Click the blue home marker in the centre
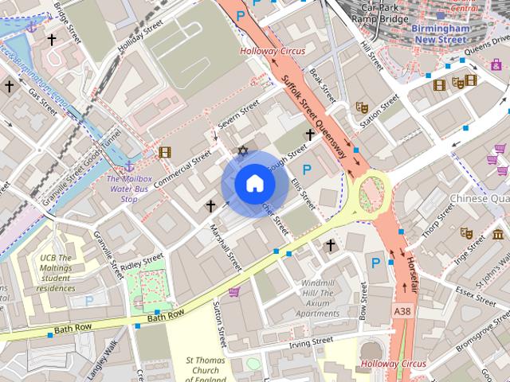pyautogui.click(x=254, y=184)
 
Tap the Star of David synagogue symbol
pyautogui.click(x=244, y=150)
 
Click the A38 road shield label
pyautogui.click(x=403, y=310)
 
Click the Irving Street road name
pyautogui.click(x=310, y=342)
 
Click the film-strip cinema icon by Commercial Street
pyautogui.click(x=164, y=152)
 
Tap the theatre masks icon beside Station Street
pyautogui.click(x=362, y=107)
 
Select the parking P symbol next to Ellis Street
pyautogui.click(x=307, y=169)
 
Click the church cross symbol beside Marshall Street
pyautogui.click(x=210, y=206)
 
